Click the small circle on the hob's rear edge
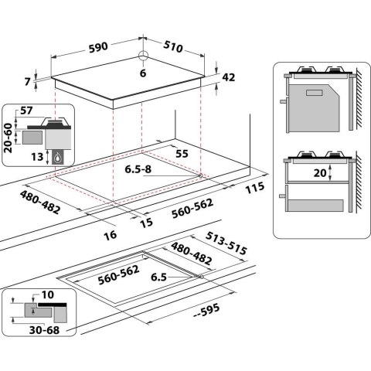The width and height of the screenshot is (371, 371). pyautogui.click(x=144, y=56)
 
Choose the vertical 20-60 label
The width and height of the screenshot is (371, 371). pyautogui.click(x=8, y=138)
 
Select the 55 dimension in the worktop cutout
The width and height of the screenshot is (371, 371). pyautogui.click(x=182, y=154)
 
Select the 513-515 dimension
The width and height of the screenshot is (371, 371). pyautogui.click(x=226, y=240)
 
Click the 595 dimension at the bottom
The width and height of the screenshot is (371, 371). pyautogui.click(x=209, y=311)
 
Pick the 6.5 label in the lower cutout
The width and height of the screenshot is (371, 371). pyautogui.click(x=158, y=276)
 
